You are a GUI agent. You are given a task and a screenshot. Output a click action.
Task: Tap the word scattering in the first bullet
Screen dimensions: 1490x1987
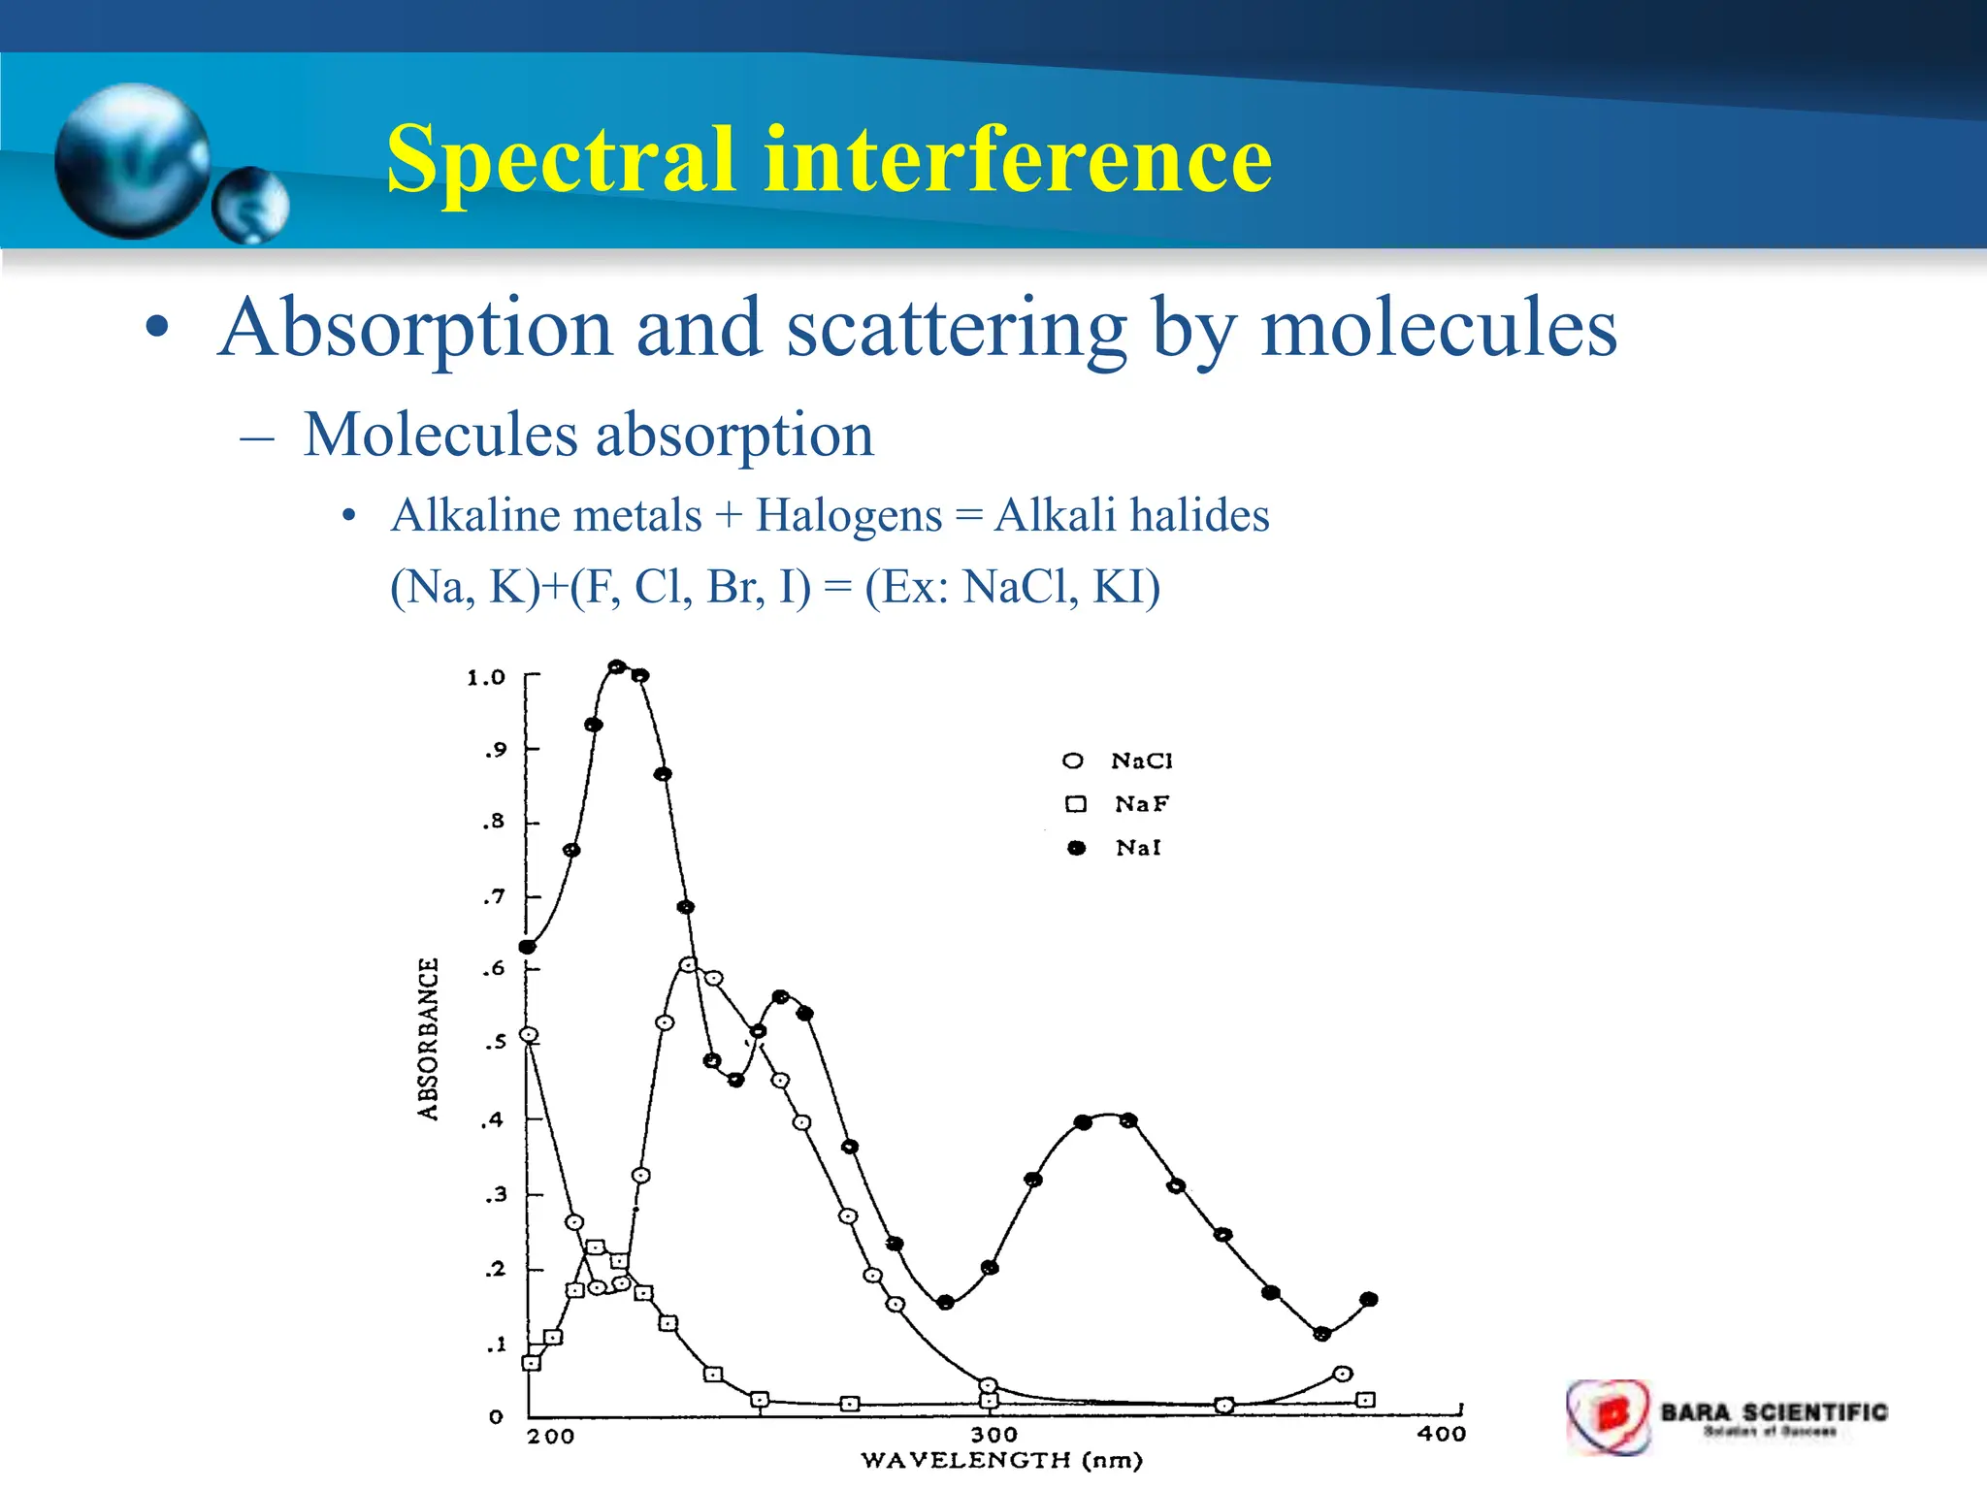click(956, 329)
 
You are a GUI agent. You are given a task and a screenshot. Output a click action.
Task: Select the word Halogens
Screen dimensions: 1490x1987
click(849, 515)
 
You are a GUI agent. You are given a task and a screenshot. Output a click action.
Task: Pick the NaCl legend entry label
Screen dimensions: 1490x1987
click(1142, 761)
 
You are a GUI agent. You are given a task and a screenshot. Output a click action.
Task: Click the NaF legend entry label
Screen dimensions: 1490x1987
click(1142, 804)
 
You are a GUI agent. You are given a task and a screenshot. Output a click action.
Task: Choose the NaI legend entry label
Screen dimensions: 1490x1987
click(1138, 848)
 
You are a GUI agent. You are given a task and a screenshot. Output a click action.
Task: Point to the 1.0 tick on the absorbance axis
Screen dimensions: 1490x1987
click(486, 677)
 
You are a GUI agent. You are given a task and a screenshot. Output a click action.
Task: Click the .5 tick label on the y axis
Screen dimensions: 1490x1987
click(495, 1043)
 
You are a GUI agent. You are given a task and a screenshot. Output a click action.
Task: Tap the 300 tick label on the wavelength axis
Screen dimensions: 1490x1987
click(993, 1435)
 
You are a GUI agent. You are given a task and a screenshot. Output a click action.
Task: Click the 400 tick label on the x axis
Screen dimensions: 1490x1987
click(1441, 1434)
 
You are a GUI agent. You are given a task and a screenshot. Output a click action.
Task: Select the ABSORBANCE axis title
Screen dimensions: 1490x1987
click(428, 1039)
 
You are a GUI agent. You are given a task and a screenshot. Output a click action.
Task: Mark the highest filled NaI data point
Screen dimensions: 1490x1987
click(616, 667)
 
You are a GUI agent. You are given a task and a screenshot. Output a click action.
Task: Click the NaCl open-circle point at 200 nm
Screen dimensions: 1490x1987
click(530, 1035)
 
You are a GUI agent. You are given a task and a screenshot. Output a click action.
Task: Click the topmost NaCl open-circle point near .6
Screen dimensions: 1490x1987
click(688, 965)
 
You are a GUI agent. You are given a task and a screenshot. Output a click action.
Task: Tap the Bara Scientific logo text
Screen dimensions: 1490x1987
click(1774, 1412)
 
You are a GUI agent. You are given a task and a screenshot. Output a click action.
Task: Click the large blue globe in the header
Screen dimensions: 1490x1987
click(133, 161)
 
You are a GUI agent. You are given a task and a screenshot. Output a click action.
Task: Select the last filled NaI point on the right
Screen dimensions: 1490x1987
click(1369, 1300)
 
